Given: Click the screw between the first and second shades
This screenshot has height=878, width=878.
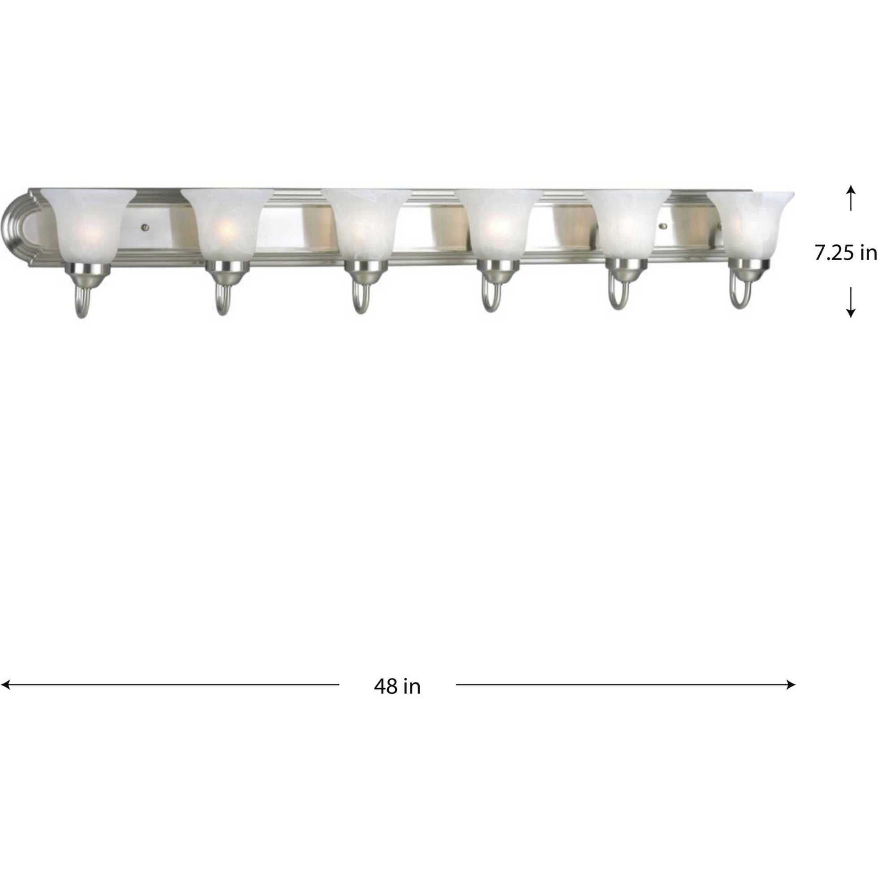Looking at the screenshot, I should pos(145,225).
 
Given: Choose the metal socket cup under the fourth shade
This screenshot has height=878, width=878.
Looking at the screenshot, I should pos(497,271).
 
